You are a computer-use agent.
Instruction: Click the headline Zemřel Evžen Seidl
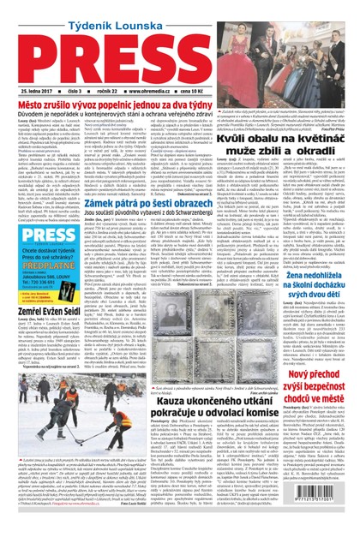(45, 314)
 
